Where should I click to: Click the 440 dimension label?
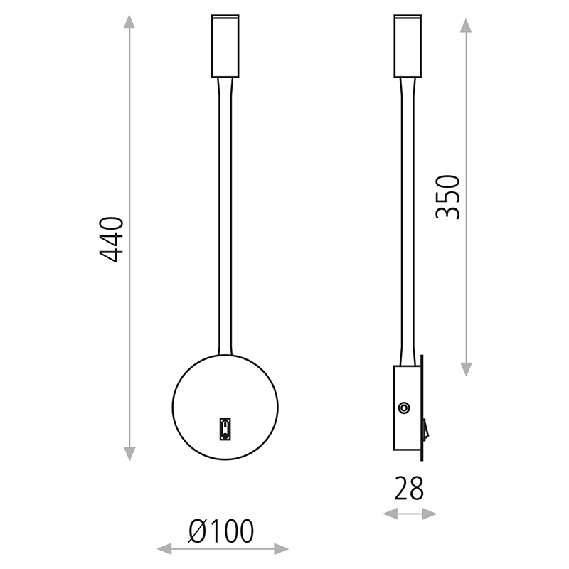point(112,240)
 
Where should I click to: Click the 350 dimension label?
point(448,197)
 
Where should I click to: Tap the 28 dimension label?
point(409,489)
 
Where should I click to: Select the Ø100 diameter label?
point(221,531)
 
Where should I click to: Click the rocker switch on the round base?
point(225,430)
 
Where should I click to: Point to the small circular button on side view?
point(404,408)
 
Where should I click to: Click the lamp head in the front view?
point(225,46)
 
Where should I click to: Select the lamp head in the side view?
point(408,46)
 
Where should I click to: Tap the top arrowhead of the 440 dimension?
point(129,21)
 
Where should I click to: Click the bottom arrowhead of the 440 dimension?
point(129,454)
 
